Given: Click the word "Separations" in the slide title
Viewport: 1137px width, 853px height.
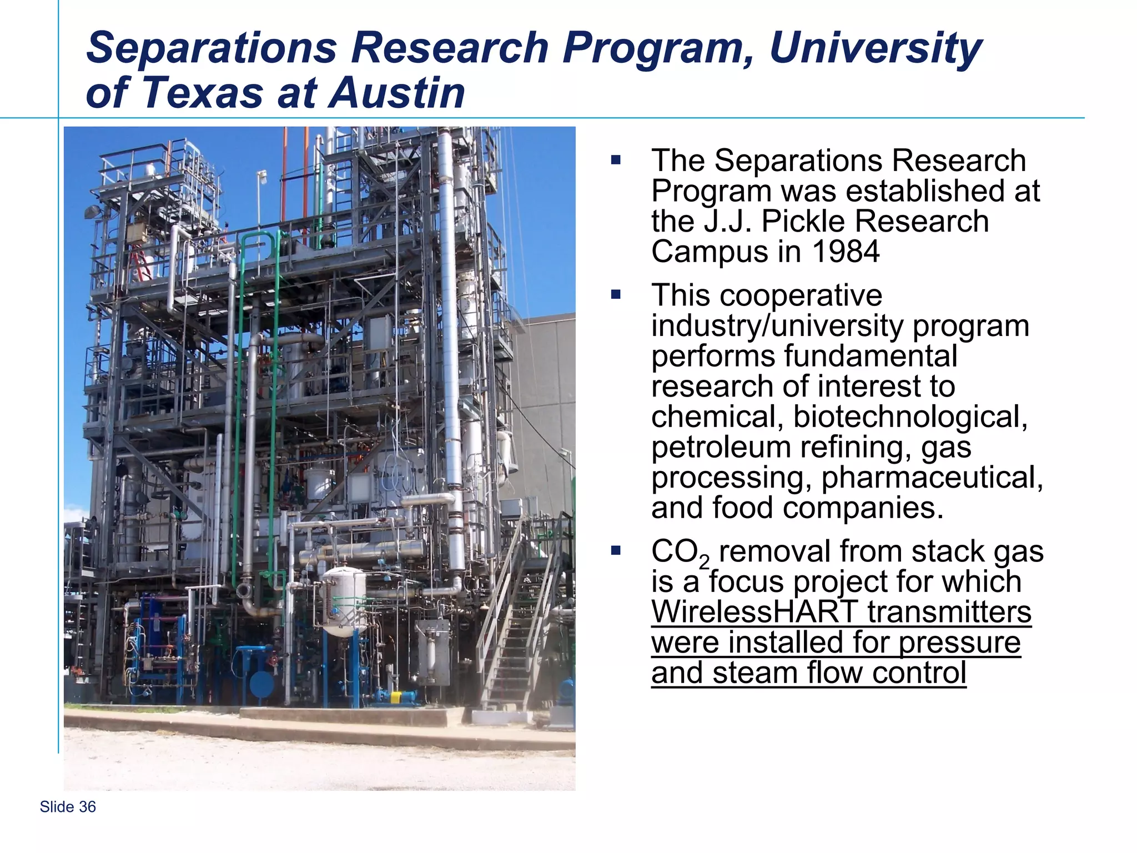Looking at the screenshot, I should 212,48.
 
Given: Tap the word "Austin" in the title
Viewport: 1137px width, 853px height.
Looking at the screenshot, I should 398,93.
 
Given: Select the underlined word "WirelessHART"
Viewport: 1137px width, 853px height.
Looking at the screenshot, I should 754,612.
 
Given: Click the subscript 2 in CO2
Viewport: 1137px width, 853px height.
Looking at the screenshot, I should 704,563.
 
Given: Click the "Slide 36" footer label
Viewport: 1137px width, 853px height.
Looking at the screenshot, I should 68,807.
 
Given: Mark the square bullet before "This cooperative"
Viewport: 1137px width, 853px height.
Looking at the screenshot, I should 615,294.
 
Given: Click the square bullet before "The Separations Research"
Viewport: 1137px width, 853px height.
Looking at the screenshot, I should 615,160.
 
